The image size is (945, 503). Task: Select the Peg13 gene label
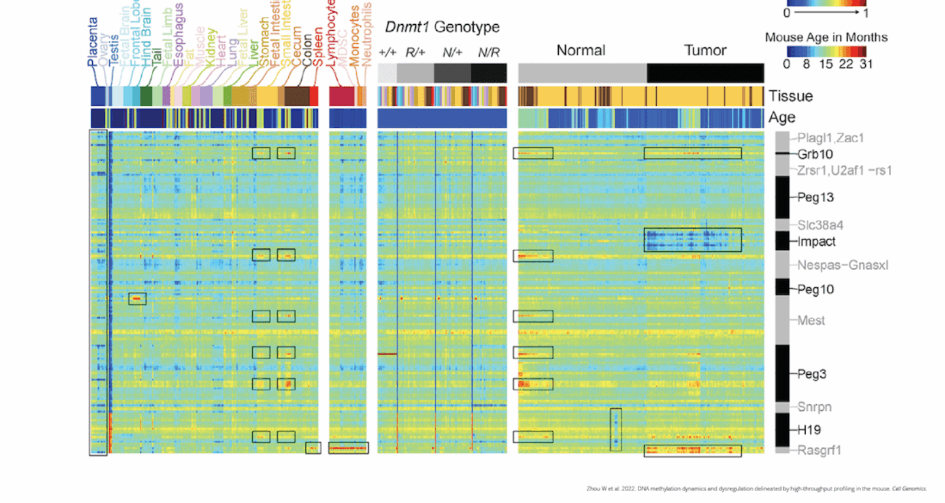click(815, 197)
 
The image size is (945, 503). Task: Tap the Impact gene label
click(816, 242)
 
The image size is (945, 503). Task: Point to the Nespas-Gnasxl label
click(842, 265)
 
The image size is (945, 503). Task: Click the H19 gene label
click(809, 430)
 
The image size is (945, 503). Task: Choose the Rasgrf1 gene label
click(819, 450)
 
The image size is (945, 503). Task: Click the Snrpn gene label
click(814, 407)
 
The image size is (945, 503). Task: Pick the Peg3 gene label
click(812, 374)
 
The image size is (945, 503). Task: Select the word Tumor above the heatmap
click(705, 51)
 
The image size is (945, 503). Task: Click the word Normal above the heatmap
click(581, 51)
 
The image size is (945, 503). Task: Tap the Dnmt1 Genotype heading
click(442, 27)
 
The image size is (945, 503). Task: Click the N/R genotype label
click(488, 53)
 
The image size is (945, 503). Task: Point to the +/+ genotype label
click(387, 53)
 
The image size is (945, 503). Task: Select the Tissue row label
click(790, 96)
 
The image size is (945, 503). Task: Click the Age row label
click(781, 118)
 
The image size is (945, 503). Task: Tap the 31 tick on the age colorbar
click(866, 64)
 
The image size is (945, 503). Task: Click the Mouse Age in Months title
click(826, 37)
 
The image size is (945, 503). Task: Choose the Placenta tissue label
click(93, 41)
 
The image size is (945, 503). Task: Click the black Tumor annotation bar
click(705, 73)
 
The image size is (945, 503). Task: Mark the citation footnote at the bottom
click(756, 489)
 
